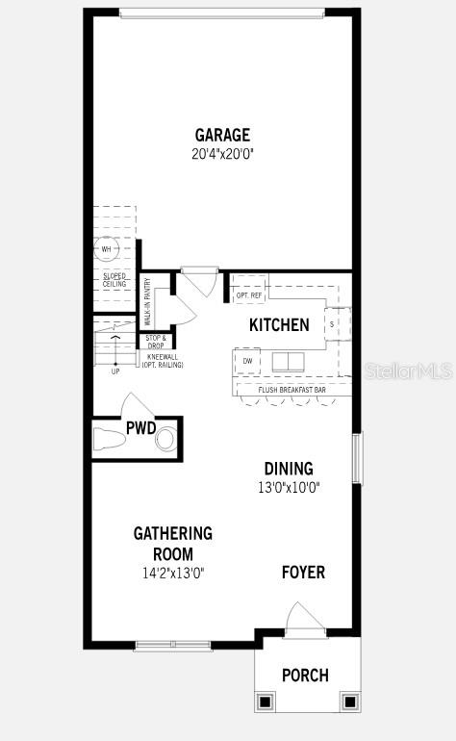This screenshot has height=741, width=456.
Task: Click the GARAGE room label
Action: coord(222,135)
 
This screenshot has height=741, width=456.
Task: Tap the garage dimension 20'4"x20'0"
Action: coord(222,152)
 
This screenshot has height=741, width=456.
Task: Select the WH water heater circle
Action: coord(106,248)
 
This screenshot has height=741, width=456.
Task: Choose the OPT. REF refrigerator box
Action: coord(249,294)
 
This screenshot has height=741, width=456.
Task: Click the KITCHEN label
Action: coord(279,325)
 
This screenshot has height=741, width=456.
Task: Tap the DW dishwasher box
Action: coord(247,361)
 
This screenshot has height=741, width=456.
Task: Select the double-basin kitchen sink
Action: coord(287,361)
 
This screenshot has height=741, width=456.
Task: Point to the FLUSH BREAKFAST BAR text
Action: coord(292,390)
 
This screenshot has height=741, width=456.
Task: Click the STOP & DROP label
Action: coord(156,341)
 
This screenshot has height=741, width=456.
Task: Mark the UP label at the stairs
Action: coord(115,370)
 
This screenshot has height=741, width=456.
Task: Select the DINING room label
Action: coord(289,469)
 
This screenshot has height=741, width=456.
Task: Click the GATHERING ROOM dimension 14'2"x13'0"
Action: coord(173,573)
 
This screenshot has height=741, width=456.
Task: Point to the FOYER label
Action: coord(303,573)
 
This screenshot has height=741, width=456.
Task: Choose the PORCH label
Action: coord(305,676)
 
